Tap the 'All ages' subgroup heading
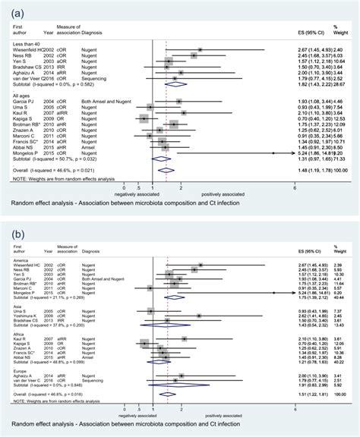(18, 95)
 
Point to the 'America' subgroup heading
(18, 260)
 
